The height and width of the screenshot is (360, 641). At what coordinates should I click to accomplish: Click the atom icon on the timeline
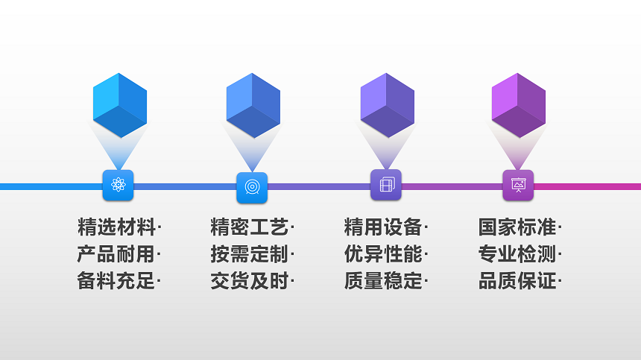[118, 186]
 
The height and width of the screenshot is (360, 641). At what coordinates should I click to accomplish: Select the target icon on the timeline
[252, 187]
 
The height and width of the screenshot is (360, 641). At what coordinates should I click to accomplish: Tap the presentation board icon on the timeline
[518, 186]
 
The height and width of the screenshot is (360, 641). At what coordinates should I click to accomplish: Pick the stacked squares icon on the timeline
[386, 185]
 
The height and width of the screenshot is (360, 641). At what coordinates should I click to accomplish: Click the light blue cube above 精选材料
[119, 105]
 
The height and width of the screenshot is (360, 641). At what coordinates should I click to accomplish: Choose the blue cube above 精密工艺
[253, 105]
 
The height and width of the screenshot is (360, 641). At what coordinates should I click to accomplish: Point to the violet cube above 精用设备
[387, 105]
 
